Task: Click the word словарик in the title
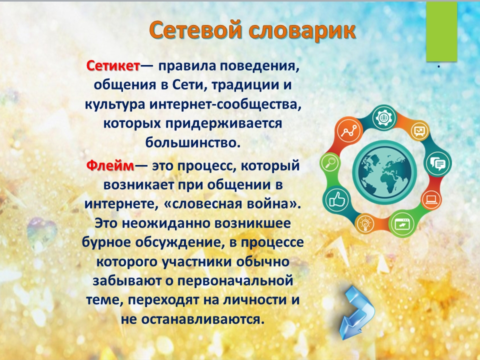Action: point(302,31)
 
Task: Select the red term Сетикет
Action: point(113,65)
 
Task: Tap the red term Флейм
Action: point(110,165)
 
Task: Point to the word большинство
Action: point(192,142)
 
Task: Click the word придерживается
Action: point(224,124)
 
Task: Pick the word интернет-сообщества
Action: point(225,104)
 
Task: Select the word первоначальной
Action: point(235,281)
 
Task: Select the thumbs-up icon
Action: point(337,200)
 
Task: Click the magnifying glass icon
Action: point(330,162)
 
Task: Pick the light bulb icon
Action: point(364,223)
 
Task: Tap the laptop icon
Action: point(431,199)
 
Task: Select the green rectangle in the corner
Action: point(441,31)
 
